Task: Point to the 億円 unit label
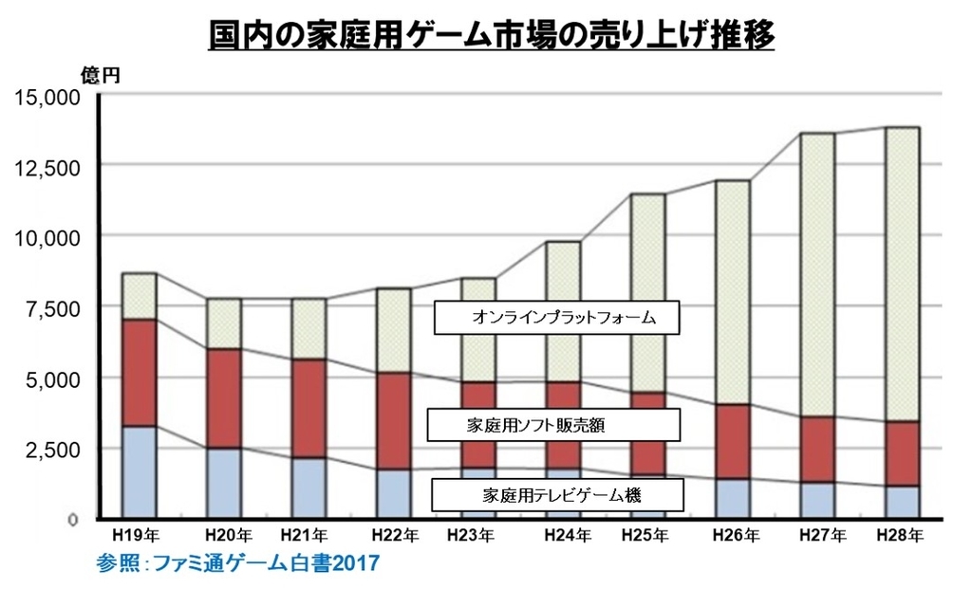point(100,77)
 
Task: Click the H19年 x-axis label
point(137,536)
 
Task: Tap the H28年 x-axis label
point(901,536)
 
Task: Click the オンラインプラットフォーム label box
point(558,318)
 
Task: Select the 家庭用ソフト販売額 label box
point(554,425)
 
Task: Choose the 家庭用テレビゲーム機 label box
point(544,494)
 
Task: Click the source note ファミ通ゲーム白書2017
point(237,563)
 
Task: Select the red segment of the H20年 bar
point(224,398)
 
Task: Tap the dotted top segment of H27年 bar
point(817,274)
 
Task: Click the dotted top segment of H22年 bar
point(392,330)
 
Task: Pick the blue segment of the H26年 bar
point(733,498)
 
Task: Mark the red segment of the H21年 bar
point(308,409)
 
